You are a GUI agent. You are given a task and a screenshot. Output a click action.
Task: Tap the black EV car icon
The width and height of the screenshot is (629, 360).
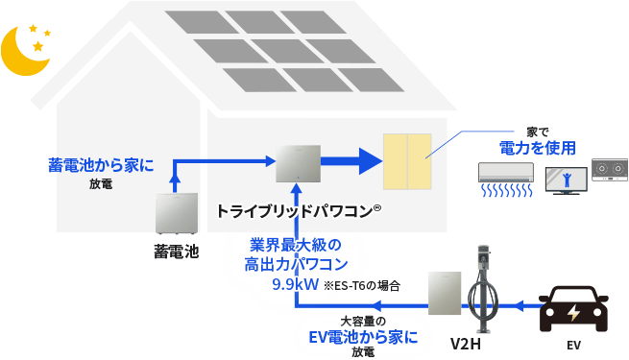(573, 309)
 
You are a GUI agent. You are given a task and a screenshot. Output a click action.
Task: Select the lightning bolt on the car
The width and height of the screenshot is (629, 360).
(574, 313)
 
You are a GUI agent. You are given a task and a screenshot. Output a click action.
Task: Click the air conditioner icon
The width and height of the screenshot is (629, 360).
(506, 180)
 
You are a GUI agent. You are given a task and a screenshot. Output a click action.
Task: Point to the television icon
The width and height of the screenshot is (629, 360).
(566, 180)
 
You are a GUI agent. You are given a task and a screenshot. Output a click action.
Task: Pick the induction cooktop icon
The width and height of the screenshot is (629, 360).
(610, 170)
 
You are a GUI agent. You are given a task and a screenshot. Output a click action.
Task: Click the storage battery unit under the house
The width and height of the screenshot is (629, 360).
(177, 214)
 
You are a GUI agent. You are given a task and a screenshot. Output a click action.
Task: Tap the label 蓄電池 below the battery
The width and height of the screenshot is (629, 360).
(177, 252)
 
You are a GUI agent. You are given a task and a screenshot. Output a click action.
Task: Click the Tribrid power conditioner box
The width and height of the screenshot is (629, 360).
(298, 163)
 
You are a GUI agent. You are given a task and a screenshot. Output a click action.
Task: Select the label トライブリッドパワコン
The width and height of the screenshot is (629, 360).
(299, 211)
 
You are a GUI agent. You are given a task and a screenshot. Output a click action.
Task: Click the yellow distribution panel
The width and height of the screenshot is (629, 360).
(407, 161)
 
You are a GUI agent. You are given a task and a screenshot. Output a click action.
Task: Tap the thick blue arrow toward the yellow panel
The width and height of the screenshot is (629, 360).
(351, 161)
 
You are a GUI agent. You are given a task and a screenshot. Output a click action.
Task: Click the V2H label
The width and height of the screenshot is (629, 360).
(466, 344)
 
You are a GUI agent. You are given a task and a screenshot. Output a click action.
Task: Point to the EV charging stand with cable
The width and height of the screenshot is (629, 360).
(483, 289)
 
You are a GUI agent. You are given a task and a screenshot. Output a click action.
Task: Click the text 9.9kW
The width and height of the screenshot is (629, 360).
(295, 284)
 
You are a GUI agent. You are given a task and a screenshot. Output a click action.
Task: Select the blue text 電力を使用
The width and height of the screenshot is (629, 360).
(538, 148)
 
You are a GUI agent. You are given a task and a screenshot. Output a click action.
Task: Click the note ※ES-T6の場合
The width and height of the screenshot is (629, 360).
(361, 286)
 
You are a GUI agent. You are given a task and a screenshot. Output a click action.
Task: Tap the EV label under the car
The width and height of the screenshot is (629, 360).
(573, 346)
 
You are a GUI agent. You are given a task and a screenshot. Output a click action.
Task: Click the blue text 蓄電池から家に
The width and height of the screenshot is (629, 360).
(101, 165)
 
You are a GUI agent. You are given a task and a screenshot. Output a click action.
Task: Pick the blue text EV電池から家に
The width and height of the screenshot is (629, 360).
(363, 337)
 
